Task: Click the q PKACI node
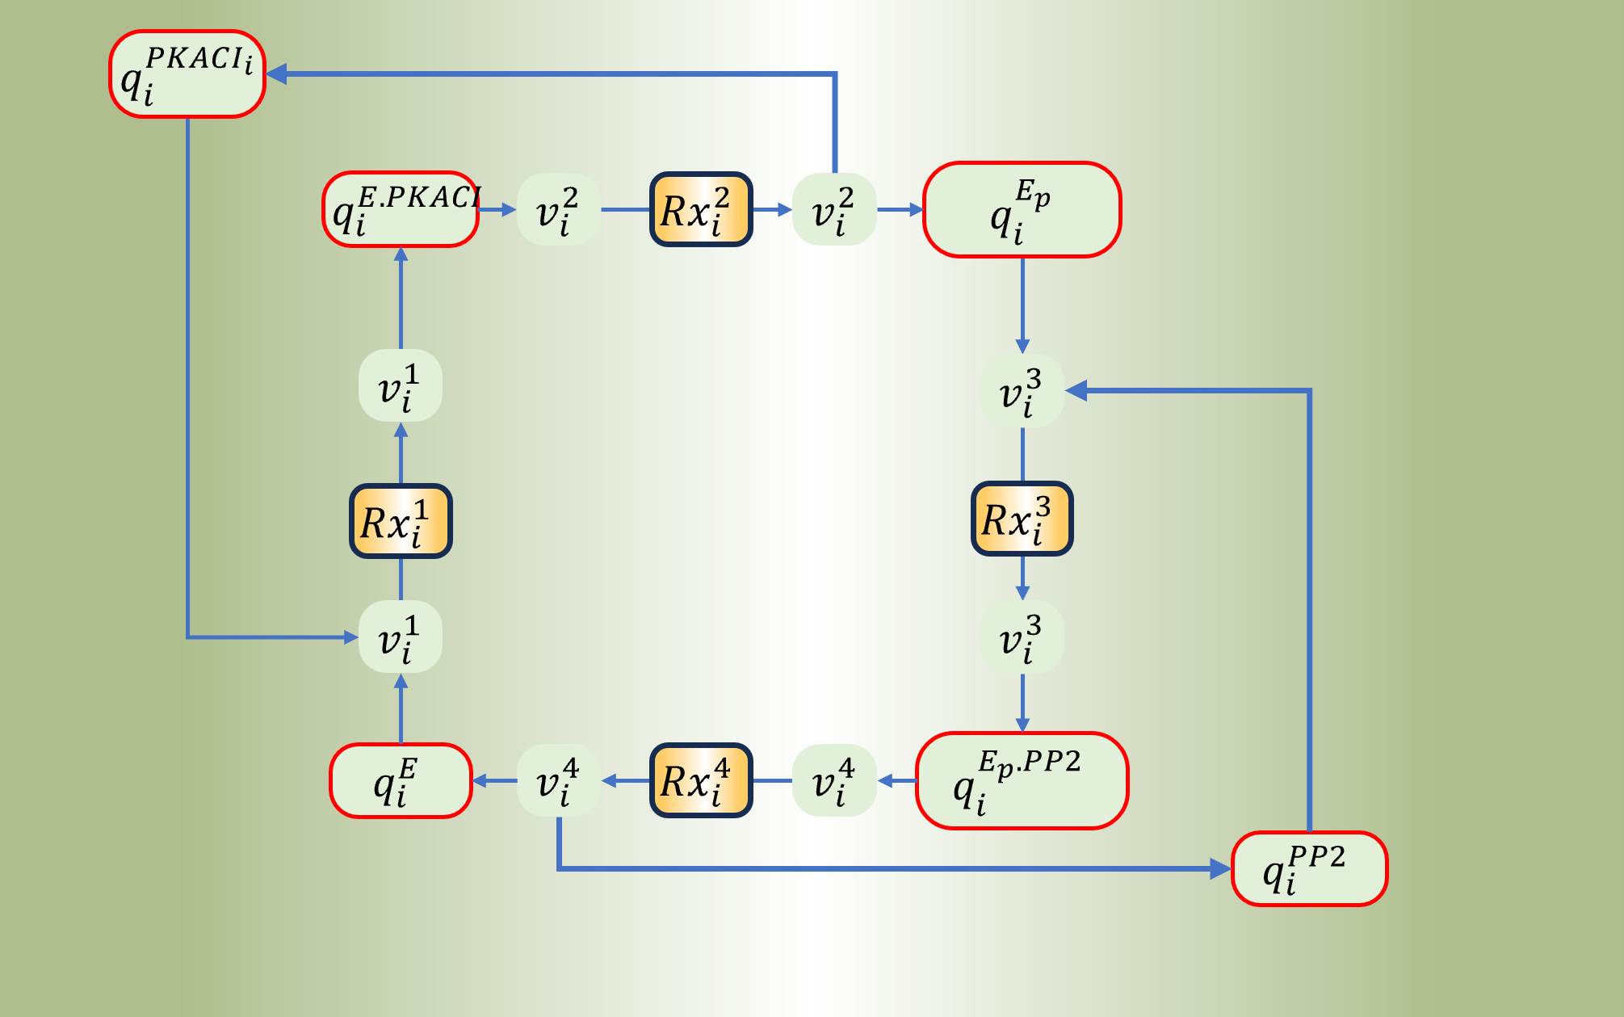pyautogui.click(x=187, y=74)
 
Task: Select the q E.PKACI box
pyautogui.click(x=401, y=209)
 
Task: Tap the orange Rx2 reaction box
pyautogui.click(x=701, y=209)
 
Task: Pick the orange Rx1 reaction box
pyautogui.click(x=401, y=521)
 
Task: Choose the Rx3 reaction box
pyautogui.click(x=1022, y=519)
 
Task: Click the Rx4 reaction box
pyautogui.click(x=701, y=780)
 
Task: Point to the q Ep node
pyautogui.click(x=1022, y=210)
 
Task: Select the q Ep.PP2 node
pyautogui.click(x=1022, y=780)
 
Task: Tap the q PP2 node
pyautogui.click(x=1309, y=869)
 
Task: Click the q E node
pyautogui.click(x=401, y=781)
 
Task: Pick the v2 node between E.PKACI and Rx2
pyautogui.click(x=558, y=209)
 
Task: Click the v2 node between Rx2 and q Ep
pyautogui.click(x=834, y=209)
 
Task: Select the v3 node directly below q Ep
pyautogui.click(x=1022, y=391)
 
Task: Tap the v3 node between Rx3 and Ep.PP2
pyautogui.click(x=1022, y=637)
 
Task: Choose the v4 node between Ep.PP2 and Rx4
pyautogui.click(x=834, y=780)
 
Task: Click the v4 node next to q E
pyautogui.click(x=558, y=780)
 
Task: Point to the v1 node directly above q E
pyautogui.click(x=401, y=637)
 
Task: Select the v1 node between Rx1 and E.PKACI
pyautogui.click(x=401, y=385)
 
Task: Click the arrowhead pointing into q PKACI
pyautogui.click(x=276, y=74)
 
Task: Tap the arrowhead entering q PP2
pyautogui.click(x=1220, y=869)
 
